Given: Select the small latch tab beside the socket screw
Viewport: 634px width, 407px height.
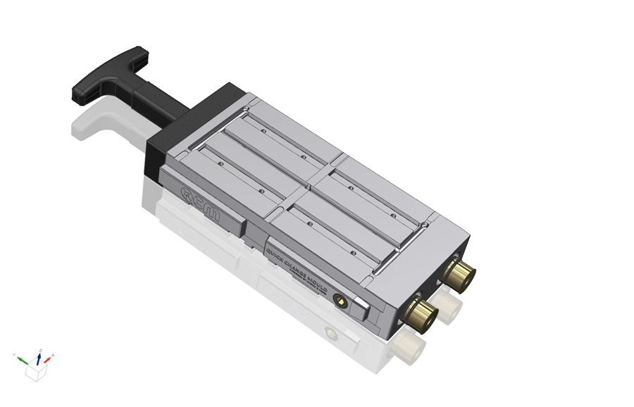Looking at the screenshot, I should tap(359, 308).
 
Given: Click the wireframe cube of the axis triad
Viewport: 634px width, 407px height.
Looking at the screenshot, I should tap(35, 372).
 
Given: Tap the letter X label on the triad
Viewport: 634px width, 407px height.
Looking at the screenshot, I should tap(53, 355).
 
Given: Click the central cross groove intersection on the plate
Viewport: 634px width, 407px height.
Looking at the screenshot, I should tap(307, 188).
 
